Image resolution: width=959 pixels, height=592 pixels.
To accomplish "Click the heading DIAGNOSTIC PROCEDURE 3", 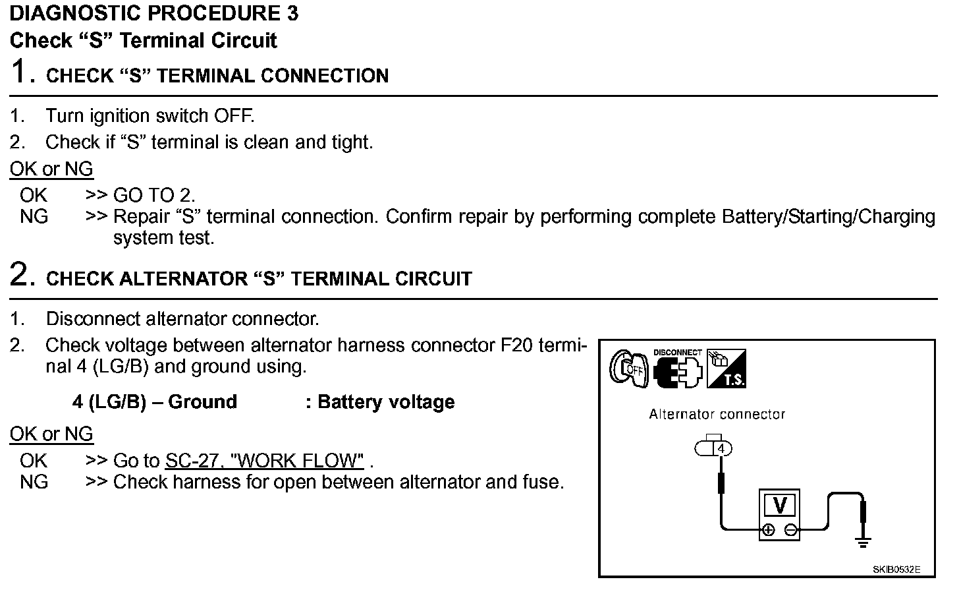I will point(153,13).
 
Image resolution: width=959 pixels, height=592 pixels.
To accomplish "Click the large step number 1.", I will point(22,71).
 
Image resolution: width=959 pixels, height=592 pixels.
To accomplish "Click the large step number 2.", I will point(22,274).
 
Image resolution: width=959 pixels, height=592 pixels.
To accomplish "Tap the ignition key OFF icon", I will point(628,368).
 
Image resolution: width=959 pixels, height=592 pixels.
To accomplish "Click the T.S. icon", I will point(726,369).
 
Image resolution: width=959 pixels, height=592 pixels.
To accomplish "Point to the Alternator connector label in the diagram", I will point(717,415).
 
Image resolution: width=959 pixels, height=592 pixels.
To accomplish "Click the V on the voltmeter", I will point(780,506).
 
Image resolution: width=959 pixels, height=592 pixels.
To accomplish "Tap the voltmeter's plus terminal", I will point(768,530).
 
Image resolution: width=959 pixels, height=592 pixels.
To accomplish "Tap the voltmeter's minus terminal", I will point(790,530).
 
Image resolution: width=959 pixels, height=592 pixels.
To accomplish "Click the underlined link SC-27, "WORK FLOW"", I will point(264,460).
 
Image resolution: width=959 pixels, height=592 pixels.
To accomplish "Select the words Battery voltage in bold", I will point(386,402).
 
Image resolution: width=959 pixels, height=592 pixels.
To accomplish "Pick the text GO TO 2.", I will point(154,195).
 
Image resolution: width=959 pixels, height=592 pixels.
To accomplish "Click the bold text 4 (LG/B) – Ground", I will point(154,402).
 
